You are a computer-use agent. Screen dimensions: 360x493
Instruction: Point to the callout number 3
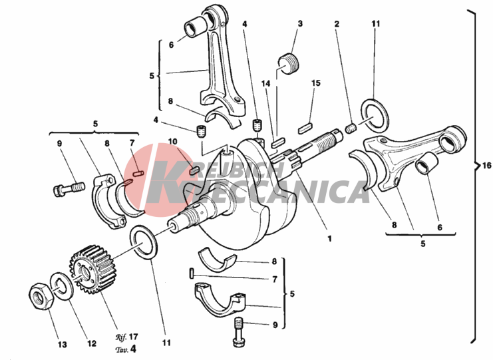(299, 24)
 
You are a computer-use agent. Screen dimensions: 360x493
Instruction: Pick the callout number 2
(337, 24)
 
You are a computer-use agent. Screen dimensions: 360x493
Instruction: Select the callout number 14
(266, 85)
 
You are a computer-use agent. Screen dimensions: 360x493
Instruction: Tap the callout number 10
(173, 141)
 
